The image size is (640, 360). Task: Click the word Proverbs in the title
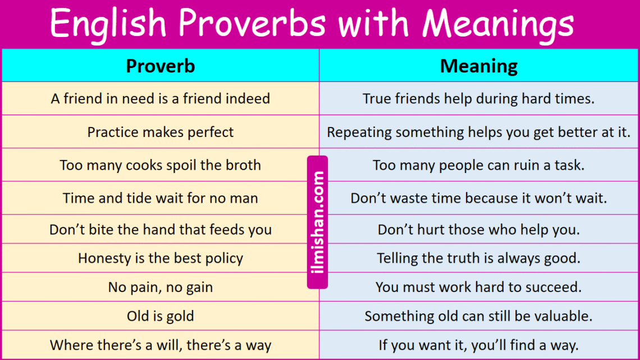[252, 24]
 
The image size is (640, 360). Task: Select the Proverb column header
[161, 66]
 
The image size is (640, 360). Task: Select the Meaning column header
[479, 66]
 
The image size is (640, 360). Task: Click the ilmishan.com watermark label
[318, 222]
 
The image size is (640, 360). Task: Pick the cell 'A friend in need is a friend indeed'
[161, 99]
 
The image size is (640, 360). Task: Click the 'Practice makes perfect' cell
[161, 133]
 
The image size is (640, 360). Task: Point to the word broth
[242, 166]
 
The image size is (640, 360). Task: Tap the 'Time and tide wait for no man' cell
[161, 198]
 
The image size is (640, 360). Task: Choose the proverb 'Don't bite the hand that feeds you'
[161, 230]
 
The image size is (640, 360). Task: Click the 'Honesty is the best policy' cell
[161, 258]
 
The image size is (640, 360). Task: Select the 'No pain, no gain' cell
[161, 288]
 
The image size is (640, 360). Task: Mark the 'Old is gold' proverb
[161, 316]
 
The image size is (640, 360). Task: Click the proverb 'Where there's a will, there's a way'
[161, 345]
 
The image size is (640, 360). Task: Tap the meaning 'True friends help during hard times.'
[479, 99]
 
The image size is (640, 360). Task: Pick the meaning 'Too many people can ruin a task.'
[479, 166]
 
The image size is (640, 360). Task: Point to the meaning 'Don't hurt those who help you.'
[479, 230]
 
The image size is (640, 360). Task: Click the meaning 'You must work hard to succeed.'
[479, 288]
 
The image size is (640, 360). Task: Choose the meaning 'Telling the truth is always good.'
[479, 258]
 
